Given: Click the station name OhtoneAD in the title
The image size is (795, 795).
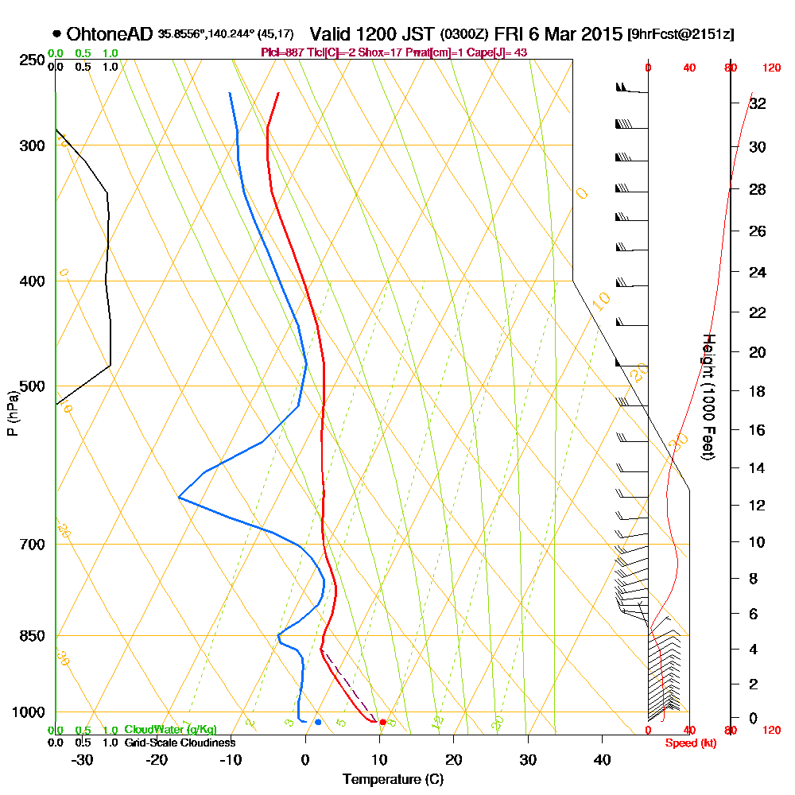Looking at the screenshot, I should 110,34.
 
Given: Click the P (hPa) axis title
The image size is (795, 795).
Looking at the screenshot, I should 12,413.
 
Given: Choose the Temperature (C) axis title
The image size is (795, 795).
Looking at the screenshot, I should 393,779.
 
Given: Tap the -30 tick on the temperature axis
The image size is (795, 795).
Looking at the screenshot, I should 83,759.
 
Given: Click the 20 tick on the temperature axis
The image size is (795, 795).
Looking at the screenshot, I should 453,759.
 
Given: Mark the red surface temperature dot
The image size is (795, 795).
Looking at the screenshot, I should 383,722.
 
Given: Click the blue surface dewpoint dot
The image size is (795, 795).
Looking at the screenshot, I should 318,722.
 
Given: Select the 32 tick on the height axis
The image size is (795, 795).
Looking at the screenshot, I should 758,103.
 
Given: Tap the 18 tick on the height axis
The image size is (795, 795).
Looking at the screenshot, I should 758,391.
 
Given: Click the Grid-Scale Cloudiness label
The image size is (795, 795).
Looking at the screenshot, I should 180,743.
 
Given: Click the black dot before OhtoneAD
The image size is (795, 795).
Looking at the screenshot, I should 57,34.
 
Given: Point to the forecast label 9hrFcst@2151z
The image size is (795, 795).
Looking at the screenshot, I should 681,35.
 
